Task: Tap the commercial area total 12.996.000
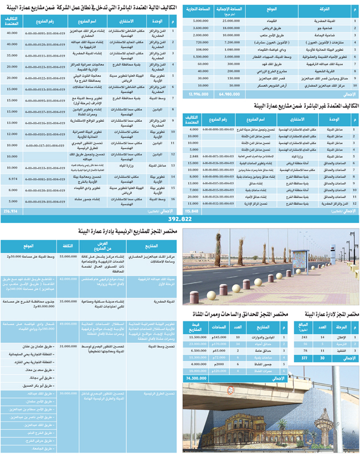pos(198,94)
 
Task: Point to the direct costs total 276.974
pos(11,211)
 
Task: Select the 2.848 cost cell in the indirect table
pos(193,157)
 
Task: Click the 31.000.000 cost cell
pos(68,346)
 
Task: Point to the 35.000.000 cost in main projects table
pos(68,301)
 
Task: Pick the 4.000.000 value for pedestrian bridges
pos(198,365)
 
